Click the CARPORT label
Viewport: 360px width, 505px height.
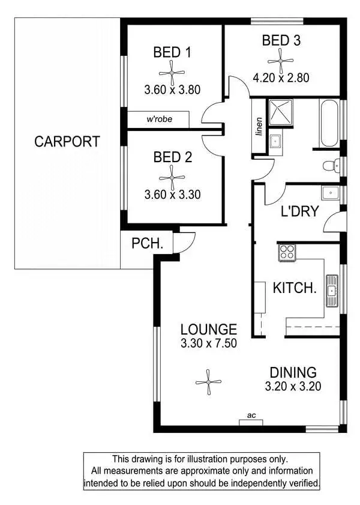click(x=67, y=142)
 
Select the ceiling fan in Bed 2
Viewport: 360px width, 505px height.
click(x=172, y=177)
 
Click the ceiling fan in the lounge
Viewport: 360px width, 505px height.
click(x=209, y=381)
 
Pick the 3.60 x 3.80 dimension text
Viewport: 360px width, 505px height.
click(x=172, y=90)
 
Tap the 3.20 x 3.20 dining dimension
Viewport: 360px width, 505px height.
click(x=293, y=386)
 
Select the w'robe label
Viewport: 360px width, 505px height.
click(x=160, y=119)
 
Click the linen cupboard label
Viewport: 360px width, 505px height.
click(x=259, y=125)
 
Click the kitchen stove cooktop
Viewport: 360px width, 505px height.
click(x=287, y=252)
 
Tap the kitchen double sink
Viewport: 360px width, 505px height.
click(x=331, y=289)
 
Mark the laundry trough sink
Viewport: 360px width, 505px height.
click(x=329, y=194)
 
